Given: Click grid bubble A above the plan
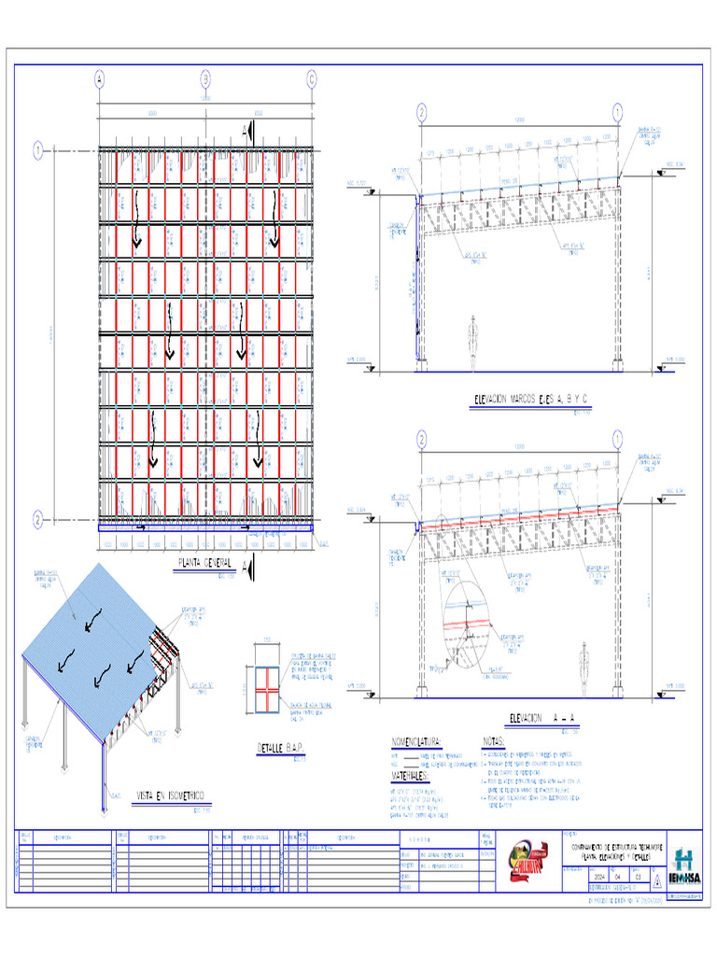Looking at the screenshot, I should [x=99, y=78].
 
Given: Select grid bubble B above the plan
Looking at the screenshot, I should [x=205, y=78].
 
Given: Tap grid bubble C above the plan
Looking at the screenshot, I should [x=312, y=78].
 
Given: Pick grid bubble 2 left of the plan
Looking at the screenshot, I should [x=38, y=518].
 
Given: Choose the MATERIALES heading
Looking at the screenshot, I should [x=410, y=776].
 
